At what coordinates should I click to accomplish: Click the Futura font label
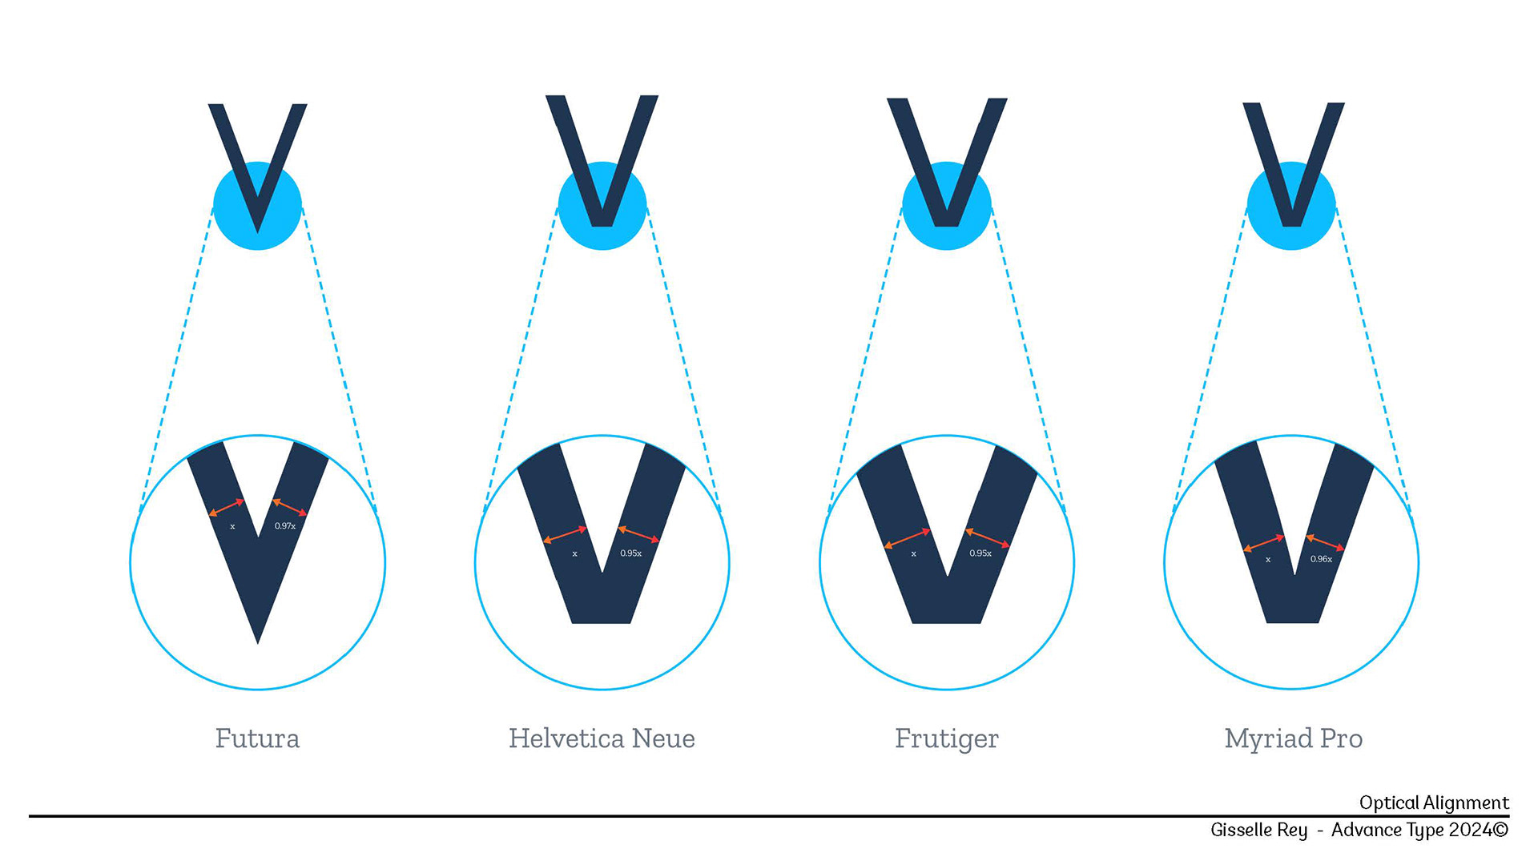(x=257, y=738)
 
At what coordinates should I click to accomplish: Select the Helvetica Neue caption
(x=602, y=738)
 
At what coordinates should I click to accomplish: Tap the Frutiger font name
(x=946, y=738)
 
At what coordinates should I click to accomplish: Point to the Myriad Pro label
(x=1293, y=738)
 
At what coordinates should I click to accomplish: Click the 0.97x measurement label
(x=285, y=526)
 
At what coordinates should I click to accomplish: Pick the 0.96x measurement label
(x=1321, y=559)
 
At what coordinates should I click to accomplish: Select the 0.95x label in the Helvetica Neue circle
(x=630, y=553)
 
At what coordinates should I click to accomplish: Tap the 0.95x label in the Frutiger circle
(x=980, y=553)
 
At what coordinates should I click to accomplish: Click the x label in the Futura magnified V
(x=232, y=527)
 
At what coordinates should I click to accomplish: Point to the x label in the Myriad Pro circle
(x=1268, y=560)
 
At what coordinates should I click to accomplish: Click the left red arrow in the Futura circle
(x=226, y=508)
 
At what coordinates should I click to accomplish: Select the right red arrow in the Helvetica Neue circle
(x=638, y=534)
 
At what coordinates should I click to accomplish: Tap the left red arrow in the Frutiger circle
(x=907, y=538)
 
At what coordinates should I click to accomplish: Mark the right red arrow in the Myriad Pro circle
(x=1325, y=542)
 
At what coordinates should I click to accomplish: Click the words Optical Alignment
(x=1434, y=803)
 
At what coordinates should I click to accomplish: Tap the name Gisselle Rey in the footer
(x=1258, y=830)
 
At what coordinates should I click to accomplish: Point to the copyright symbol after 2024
(x=1501, y=830)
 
